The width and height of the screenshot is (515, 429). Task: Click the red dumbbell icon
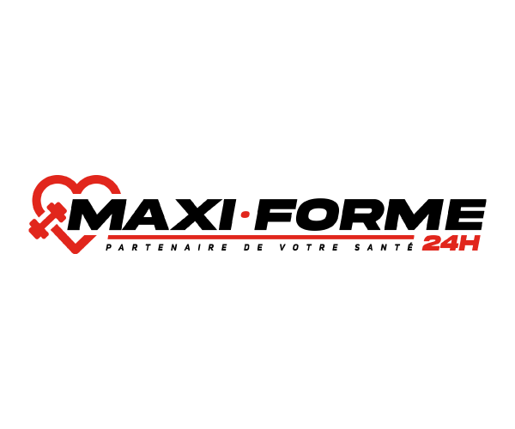click(x=48, y=221)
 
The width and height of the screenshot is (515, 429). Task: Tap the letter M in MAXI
click(x=95, y=214)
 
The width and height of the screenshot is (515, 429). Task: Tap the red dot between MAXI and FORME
click(x=245, y=215)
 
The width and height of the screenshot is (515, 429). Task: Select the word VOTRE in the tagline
click(x=309, y=247)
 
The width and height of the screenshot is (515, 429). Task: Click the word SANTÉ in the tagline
click(x=384, y=247)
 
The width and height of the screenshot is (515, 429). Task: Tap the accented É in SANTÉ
click(x=409, y=247)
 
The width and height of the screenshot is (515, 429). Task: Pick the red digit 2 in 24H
click(x=432, y=244)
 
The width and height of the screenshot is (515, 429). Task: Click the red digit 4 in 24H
click(x=450, y=244)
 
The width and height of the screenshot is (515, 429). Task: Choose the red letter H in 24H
click(x=469, y=244)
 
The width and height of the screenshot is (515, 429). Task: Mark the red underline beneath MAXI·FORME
click(x=261, y=237)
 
